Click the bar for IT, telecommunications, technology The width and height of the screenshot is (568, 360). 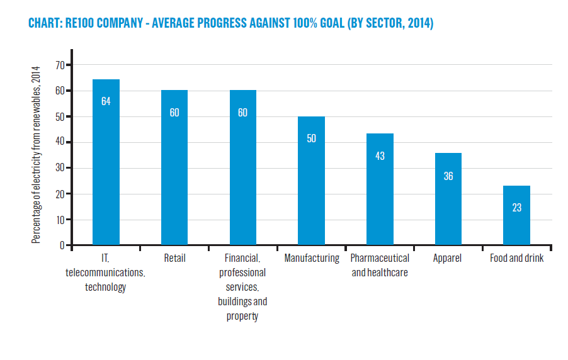pyautogui.click(x=106, y=162)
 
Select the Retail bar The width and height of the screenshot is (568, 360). pyautogui.click(x=174, y=167)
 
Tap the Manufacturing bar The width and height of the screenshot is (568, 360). pyautogui.click(x=311, y=181)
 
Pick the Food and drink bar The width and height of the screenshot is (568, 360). pyautogui.click(x=516, y=215)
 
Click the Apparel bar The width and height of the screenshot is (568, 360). pyautogui.click(x=448, y=199)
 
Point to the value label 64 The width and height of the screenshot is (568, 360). pyautogui.click(x=106, y=101)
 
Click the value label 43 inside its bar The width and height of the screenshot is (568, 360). pyautogui.click(x=380, y=156)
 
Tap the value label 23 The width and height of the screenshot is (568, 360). pyautogui.click(x=517, y=208)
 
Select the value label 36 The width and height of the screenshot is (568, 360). pyautogui.click(x=448, y=176)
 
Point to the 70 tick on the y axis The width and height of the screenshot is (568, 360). pyautogui.click(x=60, y=65)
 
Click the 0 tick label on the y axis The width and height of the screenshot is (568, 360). pyautogui.click(x=62, y=245)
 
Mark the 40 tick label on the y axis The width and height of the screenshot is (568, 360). pyautogui.click(x=60, y=142)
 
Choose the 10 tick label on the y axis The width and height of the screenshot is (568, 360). pyautogui.click(x=60, y=220)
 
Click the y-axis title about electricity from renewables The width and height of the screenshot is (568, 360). pyautogui.click(x=36, y=155)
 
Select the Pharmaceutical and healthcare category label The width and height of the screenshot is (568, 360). pyautogui.click(x=380, y=265)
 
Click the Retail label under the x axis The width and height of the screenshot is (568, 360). pyautogui.click(x=174, y=258)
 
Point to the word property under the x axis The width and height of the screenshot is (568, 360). pyautogui.click(x=242, y=316)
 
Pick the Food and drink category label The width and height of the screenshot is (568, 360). pyautogui.click(x=516, y=258)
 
